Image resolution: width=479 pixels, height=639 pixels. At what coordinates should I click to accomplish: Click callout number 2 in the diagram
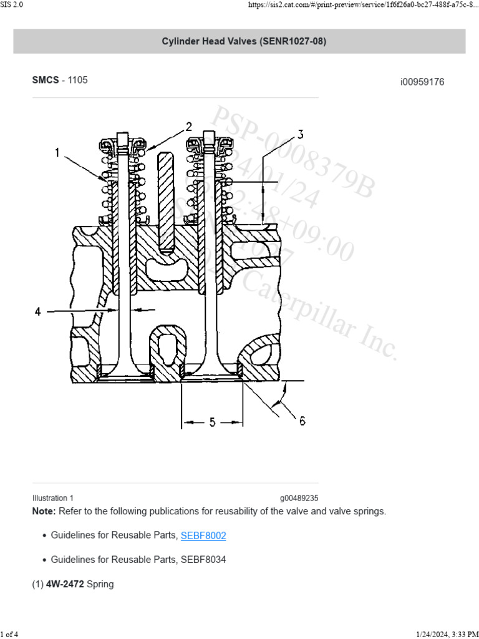click(189, 127)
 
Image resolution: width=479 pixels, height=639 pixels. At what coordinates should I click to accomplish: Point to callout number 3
click(300, 135)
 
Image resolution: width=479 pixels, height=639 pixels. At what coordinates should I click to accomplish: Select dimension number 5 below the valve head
click(212, 422)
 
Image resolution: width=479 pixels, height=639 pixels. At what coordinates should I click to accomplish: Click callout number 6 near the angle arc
click(302, 421)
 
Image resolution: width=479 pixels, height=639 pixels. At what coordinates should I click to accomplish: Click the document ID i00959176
click(422, 82)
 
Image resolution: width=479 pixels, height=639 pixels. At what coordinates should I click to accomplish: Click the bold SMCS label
click(46, 80)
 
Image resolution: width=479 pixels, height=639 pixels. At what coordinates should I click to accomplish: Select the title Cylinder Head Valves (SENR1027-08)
click(239, 42)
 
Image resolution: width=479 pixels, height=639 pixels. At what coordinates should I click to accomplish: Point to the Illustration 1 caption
click(53, 498)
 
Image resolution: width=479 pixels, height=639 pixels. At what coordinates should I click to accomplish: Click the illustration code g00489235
click(299, 498)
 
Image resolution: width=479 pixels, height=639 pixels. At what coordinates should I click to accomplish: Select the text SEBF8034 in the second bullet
click(203, 560)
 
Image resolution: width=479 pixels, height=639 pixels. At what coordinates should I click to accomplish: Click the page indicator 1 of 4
click(11, 634)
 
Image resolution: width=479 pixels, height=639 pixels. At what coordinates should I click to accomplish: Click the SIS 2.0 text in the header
click(12, 4)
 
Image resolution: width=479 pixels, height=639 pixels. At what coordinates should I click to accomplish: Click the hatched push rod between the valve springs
click(166, 200)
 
